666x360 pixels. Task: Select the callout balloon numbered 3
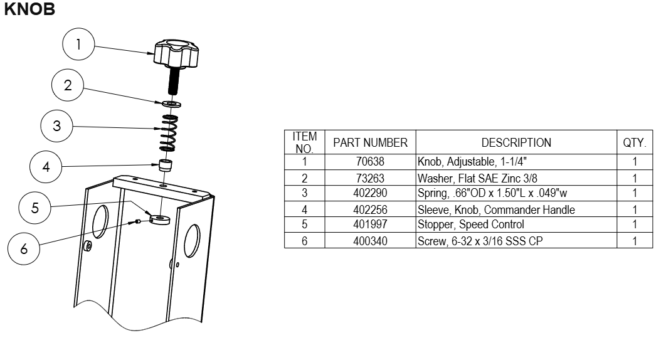coord(56,125)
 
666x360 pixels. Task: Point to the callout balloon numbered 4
coord(46,167)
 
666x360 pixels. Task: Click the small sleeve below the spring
coord(165,166)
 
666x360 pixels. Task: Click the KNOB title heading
coord(29,10)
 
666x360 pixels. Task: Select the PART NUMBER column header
coord(370,142)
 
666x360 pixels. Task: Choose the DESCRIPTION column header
coord(515,142)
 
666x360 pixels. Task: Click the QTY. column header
coord(634,142)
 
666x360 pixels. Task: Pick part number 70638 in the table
coord(370,162)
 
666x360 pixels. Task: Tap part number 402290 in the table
coord(370,193)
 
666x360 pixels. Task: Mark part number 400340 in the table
coord(370,240)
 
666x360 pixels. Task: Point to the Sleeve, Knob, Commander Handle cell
coord(496,209)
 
